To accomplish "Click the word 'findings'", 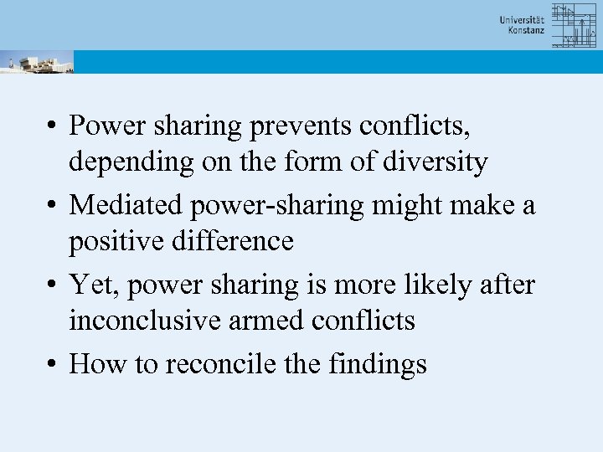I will click(x=378, y=365).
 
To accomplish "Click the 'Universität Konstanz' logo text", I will click(x=522, y=24).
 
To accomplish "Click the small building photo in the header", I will click(x=37, y=62).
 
